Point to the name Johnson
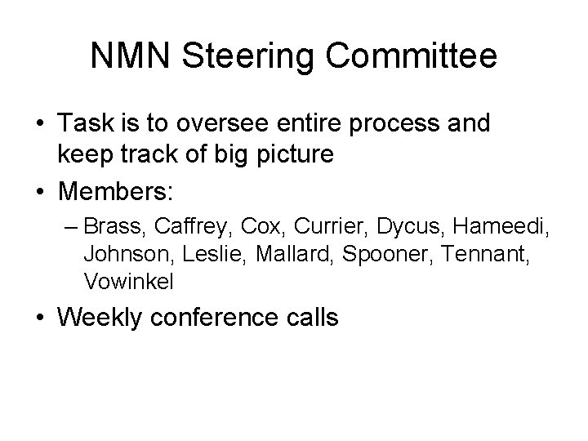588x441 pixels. tap(119, 253)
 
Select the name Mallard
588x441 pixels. tap(293, 253)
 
